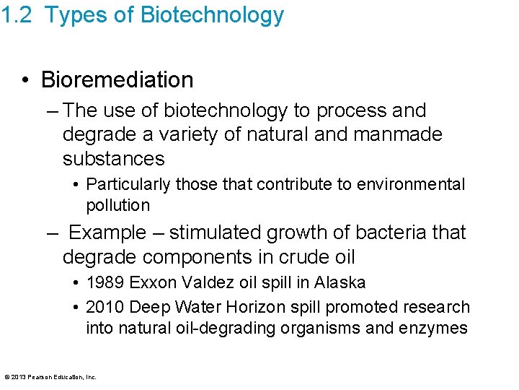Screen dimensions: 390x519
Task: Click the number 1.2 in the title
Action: pyautogui.click(x=18, y=14)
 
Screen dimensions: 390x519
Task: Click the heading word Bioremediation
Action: pyautogui.click(x=117, y=79)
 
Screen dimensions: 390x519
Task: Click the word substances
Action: pyautogui.click(x=114, y=159)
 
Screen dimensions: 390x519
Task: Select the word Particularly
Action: pyautogui.click(x=127, y=185)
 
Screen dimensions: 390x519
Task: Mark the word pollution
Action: pyautogui.click(x=117, y=205)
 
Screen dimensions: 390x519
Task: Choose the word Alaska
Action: pyautogui.click(x=340, y=282)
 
